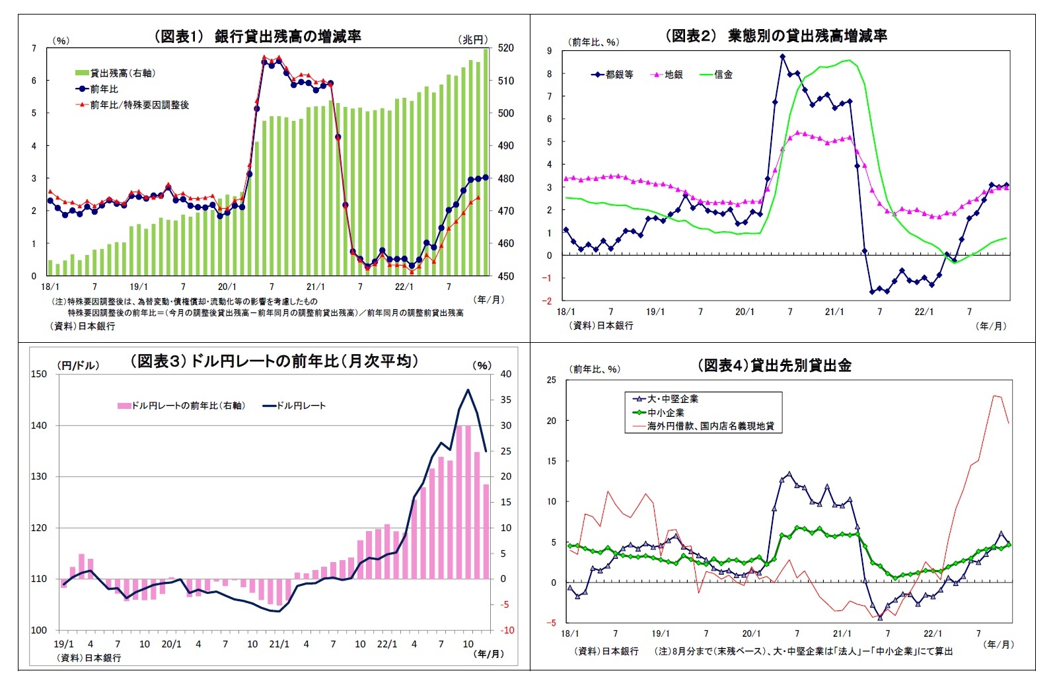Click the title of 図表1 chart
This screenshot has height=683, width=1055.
click(x=258, y=36)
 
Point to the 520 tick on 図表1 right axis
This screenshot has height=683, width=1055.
click(x=506, y=48)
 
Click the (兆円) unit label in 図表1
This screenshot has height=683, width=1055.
click(x=473, y=40)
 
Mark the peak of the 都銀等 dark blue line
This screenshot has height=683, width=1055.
click(x=783, y=57)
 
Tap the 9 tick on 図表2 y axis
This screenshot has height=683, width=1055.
click(x=549, y=51)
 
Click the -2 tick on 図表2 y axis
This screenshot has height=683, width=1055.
click(x=547, y=301)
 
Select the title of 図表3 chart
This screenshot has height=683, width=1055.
click(x=274, y=361)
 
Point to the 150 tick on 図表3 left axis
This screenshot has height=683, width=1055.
click(x=39, y=374)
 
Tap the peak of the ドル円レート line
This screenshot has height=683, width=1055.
click(x=468, y=390)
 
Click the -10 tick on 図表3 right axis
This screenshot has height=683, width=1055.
click(x=506, y=630)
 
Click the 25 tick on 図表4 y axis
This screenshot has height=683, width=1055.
click(x=551, y=380)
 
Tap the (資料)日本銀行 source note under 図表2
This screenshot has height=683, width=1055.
click(x=601, y=325)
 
